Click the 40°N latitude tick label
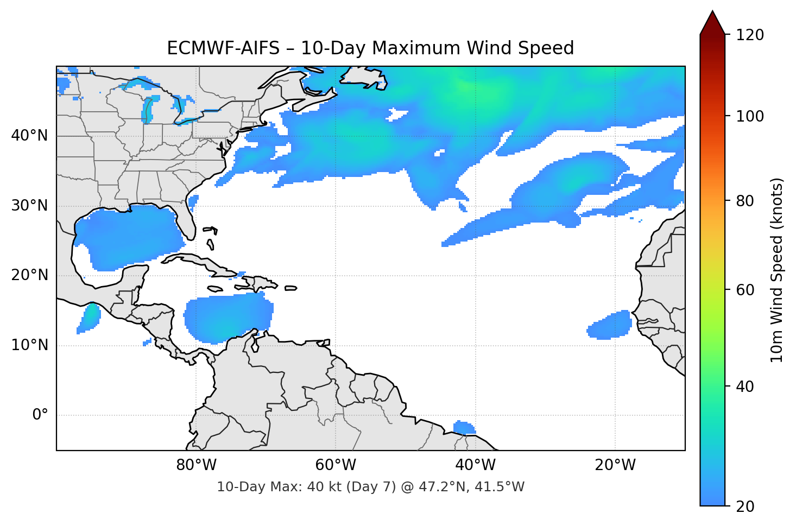pos(29,136)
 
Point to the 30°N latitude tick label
pos(29,206)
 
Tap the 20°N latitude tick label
pos(29,275)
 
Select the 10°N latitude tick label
pos(29,345)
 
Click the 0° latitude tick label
pos(40,415)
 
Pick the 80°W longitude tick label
pos(196,465)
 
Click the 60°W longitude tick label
pos(336,465)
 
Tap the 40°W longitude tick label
pos(475,465)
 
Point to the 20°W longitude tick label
pos(615,465)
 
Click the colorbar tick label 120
pos(750,35)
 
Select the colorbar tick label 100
pos(750,116)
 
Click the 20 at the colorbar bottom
pos(745,506)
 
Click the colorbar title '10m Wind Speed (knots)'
pos(777,270)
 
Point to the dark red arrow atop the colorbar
pos(712,23)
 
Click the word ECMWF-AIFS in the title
pos(223,48)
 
